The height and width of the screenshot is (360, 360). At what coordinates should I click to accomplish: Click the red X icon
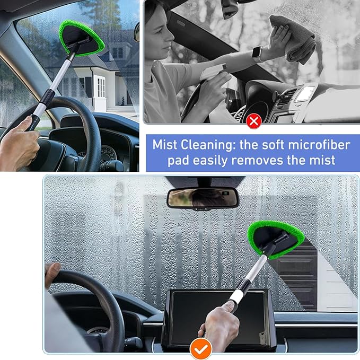point(253,121)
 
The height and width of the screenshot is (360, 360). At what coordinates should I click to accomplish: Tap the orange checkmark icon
point(201,348)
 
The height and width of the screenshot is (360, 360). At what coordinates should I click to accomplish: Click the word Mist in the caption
point(166,144)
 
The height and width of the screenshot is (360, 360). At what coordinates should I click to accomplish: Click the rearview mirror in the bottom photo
point(203,197)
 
